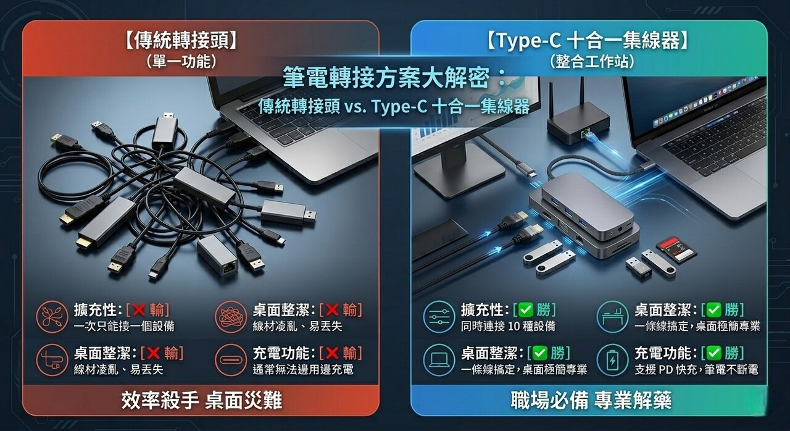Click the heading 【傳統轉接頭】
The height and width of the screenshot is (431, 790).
(x=181, y=40)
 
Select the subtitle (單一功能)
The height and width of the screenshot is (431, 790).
(x=181, y=62)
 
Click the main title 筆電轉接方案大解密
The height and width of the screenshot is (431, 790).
(x=386, y=78)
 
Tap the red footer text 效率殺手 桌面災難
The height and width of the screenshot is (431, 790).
(x=201, y=400)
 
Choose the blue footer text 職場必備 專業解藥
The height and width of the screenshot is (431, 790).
(x=591, y=400)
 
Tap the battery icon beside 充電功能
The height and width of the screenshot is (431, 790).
(x=612, y=360)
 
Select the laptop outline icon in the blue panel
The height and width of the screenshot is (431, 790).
(x=439, y=360)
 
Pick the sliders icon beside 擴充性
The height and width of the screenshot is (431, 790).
(x=439, y=316)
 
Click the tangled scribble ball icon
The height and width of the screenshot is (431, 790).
(x=231, y=316)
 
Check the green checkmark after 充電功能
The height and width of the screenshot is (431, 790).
(x=714, y=353)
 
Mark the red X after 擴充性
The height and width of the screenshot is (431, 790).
(x=139, y=310)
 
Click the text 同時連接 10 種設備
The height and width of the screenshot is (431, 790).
(x=508, y=326)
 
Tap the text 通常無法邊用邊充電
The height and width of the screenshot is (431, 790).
(x=303, y=369)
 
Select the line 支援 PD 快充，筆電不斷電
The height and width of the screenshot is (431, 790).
(x=696, y=369)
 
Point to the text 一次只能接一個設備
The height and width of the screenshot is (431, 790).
(x=124, y=326)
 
